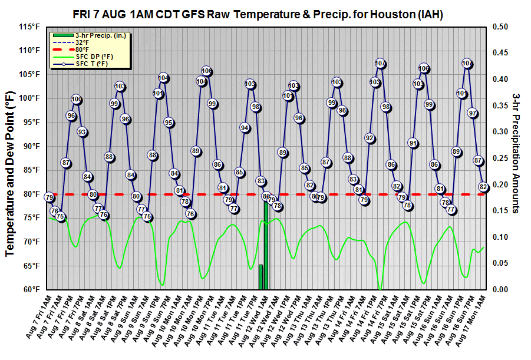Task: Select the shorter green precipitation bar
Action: (260, 277)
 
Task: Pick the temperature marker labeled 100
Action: (77, 99)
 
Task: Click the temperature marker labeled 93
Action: (82, 132)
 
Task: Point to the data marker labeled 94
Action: (245, 127)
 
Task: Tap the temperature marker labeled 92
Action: (370, 138)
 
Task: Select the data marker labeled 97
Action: (473, 113)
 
